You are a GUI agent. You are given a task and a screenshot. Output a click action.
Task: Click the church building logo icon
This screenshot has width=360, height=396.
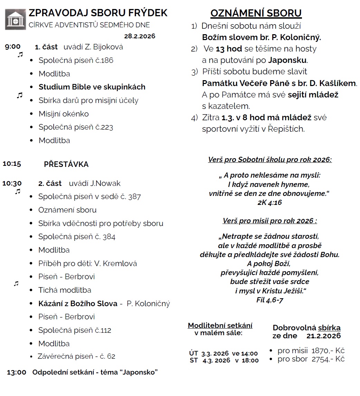coord(15,20)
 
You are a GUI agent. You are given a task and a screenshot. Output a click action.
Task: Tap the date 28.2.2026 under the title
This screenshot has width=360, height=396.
coord(140,36)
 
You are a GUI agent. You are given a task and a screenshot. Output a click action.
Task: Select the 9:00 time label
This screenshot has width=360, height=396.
coord(13,47)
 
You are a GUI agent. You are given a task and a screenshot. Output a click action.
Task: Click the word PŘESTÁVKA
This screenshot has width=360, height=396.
coord(66,164)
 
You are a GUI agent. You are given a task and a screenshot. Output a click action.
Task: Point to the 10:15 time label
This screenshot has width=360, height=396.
coord(12,164)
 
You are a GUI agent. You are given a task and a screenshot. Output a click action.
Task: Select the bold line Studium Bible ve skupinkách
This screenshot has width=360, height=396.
coord(92,87)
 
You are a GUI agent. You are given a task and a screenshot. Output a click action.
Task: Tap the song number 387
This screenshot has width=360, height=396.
coord(134,197)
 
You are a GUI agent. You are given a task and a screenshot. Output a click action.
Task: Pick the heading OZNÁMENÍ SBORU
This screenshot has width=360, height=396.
coord(256,13)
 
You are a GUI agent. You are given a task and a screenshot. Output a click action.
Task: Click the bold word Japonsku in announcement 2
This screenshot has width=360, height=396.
coord(287,60)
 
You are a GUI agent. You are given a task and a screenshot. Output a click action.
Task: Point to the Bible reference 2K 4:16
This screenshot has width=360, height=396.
coord(269,203)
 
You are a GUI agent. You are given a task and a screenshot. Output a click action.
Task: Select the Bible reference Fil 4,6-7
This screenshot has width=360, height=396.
coord(270,300)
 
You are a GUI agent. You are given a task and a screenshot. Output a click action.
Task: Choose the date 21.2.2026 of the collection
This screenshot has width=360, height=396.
coord(323,336)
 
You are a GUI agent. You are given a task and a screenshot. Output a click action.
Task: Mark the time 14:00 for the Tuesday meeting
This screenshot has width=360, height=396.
coord(249,353)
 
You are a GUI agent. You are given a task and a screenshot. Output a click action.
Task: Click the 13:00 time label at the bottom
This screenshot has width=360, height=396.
coord(16,373)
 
